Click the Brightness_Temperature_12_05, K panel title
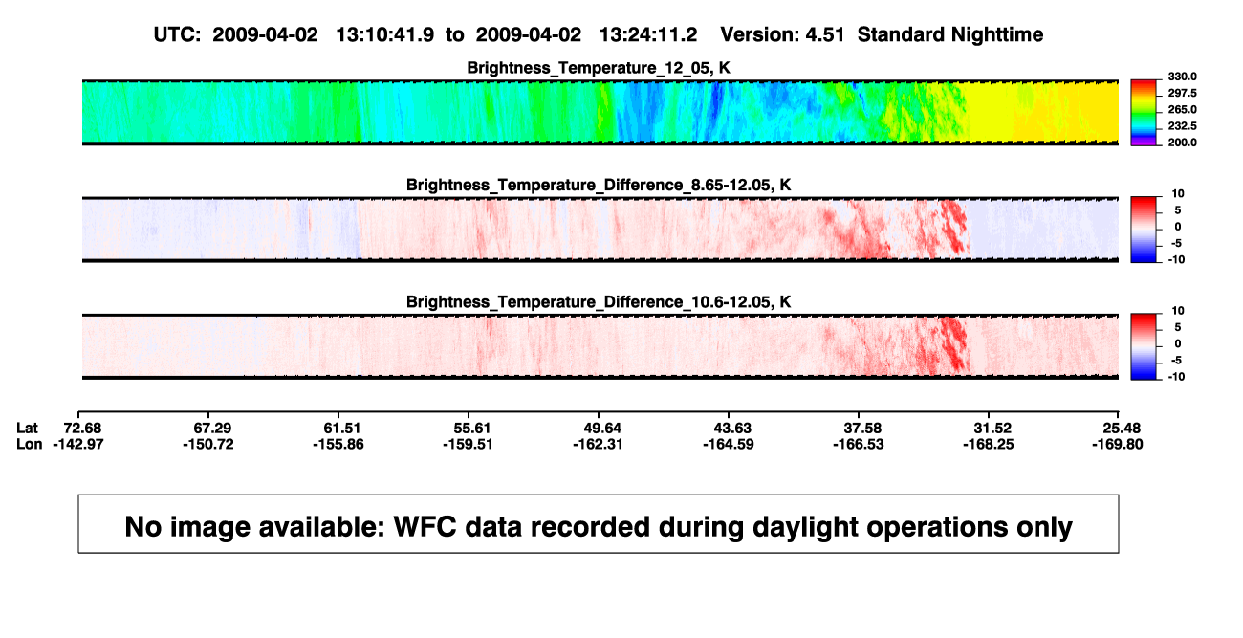click(599, 68)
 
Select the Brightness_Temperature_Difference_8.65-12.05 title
click(599, 185)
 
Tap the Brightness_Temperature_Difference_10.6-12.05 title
click(599, 302)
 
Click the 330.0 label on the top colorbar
click(1182, 77)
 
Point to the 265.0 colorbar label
click(1182, 109)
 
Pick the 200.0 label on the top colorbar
click(1182, 143)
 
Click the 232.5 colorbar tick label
click(1182, 126)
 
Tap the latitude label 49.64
click(602, 429)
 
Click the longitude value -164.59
click(729, 444)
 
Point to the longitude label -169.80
click(1118, 444)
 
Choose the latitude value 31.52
click(992, 429)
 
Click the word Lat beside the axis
click(27, 429)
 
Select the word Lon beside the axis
click(29, 444)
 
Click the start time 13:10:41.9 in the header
click(385, 35)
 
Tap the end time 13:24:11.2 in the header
click(648, 35)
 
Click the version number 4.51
click(825, 35)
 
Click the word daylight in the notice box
click(806, 528)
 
